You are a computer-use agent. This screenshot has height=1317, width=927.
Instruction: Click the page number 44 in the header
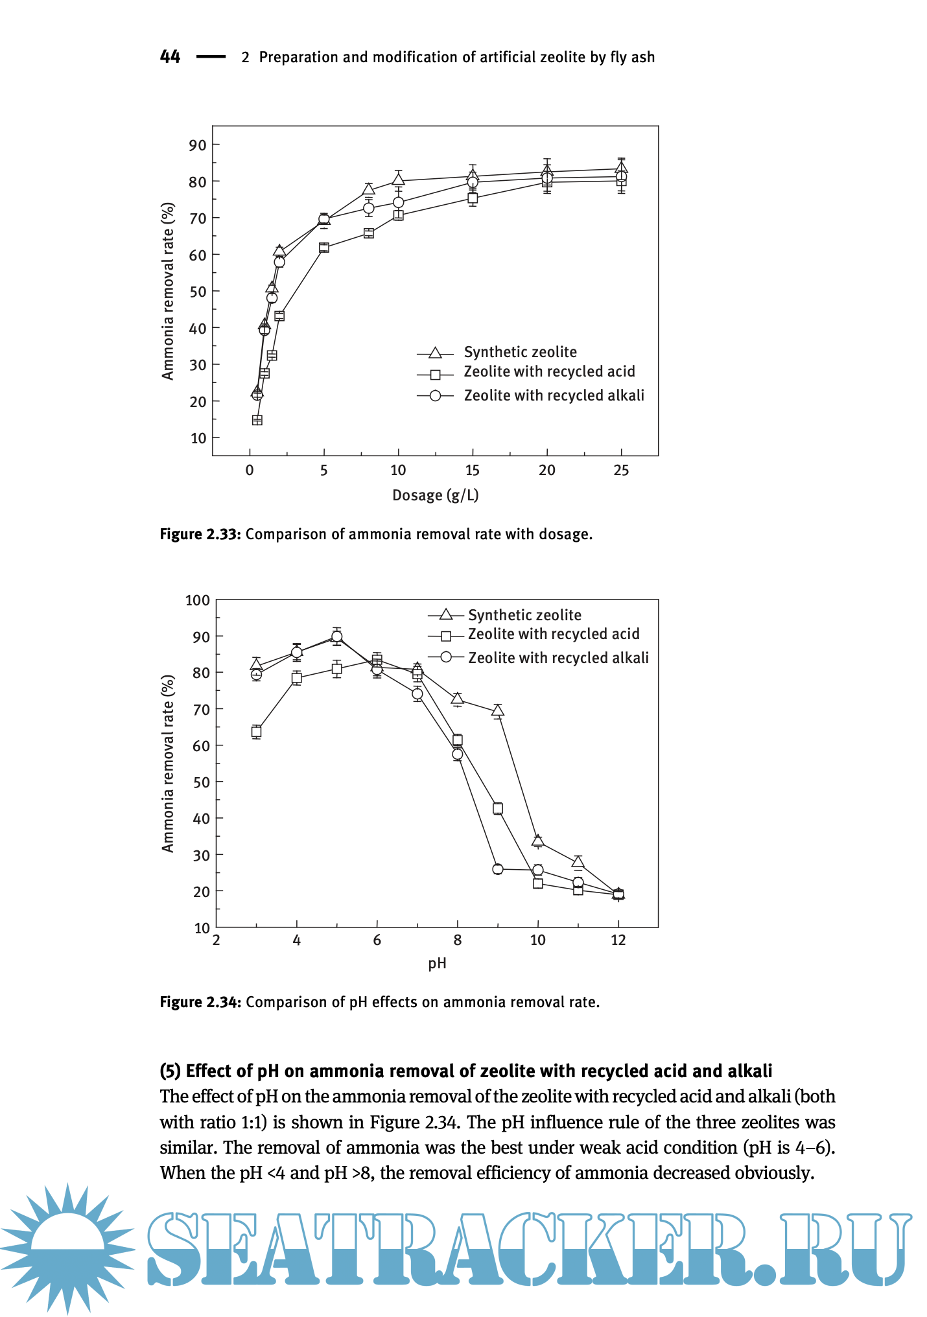tap(170, 57)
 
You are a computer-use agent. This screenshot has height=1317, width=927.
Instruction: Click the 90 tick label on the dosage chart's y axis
tap(198, 145)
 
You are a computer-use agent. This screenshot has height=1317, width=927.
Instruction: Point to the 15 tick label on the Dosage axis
tap(473, 471)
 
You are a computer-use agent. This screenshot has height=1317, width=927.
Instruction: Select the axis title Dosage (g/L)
tap(436, 496)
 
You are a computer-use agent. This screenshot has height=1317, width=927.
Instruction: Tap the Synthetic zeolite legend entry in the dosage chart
tap(520, 352)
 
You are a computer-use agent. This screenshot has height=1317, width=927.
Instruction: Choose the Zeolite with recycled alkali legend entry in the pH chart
tap(558, 658)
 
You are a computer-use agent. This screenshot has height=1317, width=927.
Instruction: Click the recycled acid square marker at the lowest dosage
tap(257, 420)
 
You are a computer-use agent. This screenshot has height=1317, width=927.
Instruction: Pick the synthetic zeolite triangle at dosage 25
tap(621, 168)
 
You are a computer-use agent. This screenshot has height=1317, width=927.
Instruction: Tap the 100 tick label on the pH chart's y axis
tap(198, 600)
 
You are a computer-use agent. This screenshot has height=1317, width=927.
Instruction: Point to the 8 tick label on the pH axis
tap(458, 940)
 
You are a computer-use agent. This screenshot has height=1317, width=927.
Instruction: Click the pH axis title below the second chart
tap(438, 963)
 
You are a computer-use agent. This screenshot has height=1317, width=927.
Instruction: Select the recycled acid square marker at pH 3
tap(257, 732)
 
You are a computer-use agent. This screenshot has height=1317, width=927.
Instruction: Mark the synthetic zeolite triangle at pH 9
tap(498, 711)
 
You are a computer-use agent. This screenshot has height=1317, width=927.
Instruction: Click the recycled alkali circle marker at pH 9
tap(498, 869)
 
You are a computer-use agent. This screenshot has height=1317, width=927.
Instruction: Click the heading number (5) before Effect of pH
tap(170, 1071)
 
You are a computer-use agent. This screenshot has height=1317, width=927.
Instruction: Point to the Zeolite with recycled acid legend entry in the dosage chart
tap(549, 372)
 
